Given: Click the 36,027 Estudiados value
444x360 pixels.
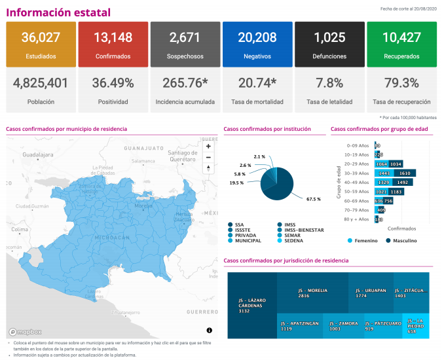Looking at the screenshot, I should point(41,37).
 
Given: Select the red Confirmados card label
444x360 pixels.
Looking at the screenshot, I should point(113,57).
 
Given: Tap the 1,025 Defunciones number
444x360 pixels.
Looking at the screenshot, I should point(329,37).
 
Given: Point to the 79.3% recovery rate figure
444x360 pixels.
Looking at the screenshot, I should point(401,83).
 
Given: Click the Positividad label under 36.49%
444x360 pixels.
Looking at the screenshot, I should point(113,102).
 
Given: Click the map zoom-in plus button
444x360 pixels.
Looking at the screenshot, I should point(208,146).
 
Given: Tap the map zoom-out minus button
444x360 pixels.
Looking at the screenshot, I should point(208,157).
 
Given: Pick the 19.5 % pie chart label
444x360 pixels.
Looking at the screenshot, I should point(236,183).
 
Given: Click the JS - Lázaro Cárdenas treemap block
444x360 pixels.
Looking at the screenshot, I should point(251,305).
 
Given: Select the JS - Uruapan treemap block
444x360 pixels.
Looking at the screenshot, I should point(369,293).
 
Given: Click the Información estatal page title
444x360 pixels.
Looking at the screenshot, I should point(58,12).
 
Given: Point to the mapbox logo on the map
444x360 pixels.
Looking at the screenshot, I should point(26,331).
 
